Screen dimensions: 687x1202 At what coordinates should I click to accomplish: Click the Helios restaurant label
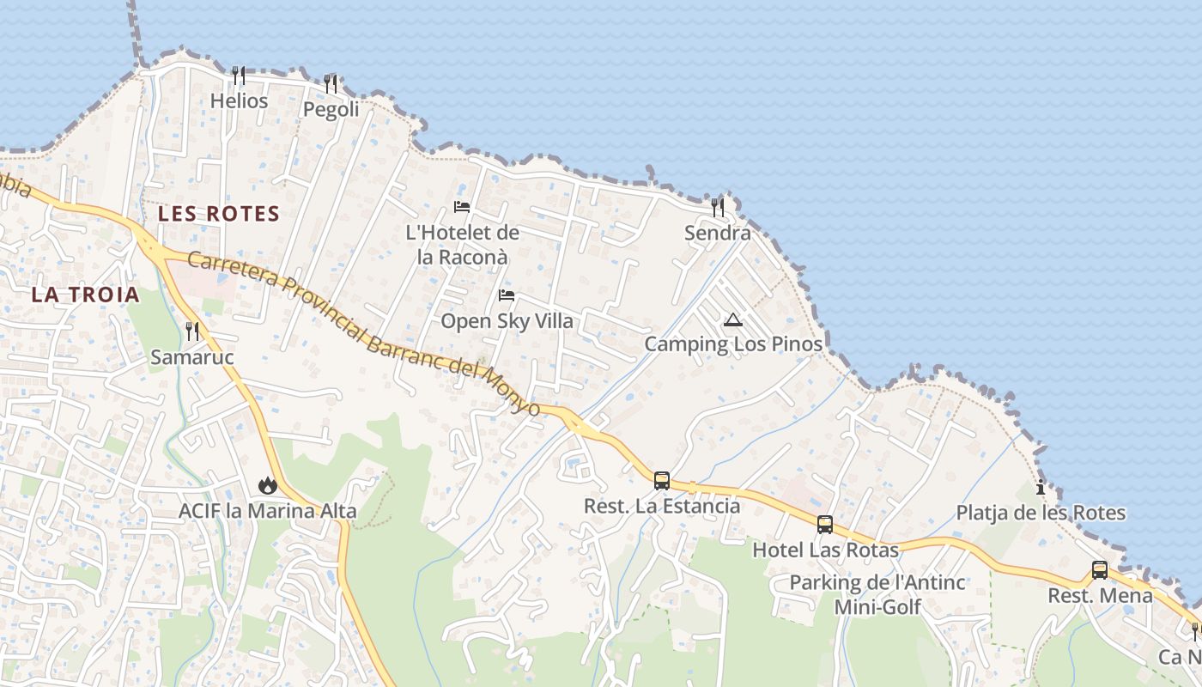[x=239, y=101]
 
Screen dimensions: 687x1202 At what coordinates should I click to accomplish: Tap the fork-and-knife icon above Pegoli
[x=331, y=84]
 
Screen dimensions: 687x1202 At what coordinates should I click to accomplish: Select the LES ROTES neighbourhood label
[x=219, y=214]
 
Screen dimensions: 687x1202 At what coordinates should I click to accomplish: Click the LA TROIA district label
[x=85, y=295]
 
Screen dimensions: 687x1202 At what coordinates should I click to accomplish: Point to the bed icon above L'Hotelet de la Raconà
[x=462, y=207]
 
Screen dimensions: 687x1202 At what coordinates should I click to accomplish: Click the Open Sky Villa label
[x=507, y=322]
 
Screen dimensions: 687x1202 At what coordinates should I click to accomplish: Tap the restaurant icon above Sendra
[x=718, y=207]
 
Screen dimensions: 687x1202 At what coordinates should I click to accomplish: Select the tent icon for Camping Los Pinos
[x=732, y=320]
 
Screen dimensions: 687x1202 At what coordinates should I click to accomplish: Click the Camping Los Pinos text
[x=733, y=345]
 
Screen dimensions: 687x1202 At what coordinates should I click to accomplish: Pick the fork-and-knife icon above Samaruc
[x=192, y=331]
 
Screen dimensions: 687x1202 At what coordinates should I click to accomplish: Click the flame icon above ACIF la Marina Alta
[x=268, y=485]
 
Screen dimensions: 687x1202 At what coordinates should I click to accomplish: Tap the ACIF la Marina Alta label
[x=267, y=511]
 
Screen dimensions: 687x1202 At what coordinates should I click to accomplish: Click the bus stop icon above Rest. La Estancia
[x=662, y=480]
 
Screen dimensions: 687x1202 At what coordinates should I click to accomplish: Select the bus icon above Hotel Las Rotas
[x=825, y=524]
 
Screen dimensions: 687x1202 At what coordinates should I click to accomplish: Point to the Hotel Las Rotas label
[x=825, y=550]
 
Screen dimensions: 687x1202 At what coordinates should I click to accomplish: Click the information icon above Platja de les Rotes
[x=1041, y=488]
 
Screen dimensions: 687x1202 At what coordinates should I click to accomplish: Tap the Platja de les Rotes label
[x=1041, y=514]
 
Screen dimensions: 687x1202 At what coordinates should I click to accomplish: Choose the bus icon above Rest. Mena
[x=1100, y=569]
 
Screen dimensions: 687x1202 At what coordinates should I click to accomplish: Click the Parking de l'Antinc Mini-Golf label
[x=877, y=594]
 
